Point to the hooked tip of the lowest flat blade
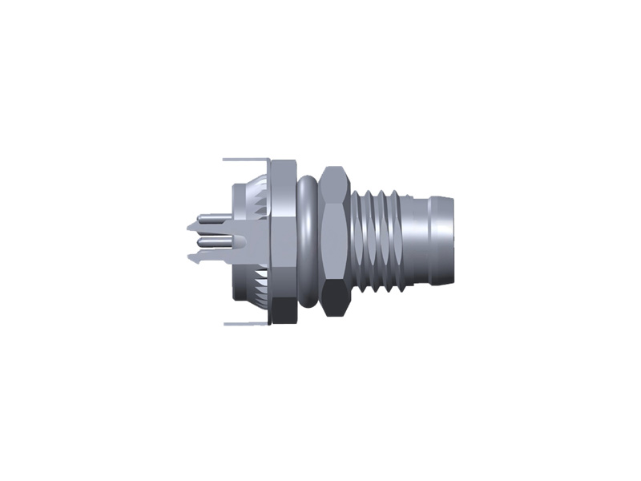tap(192, 258)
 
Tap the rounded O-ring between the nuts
tap(304, 240)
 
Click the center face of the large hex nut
tap(334, 240)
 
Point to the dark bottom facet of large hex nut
tap(334, 302)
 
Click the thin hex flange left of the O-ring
tap(281, 240)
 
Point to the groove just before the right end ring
tap(430, 240)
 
